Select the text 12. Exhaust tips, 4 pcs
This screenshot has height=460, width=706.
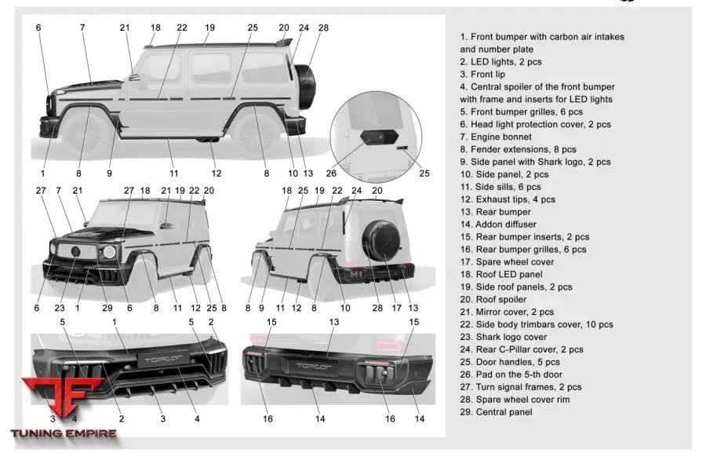tap(508, 199)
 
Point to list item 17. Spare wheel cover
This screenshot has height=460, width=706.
tap(507, 261)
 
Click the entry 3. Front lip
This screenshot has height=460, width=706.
tap(487, 74)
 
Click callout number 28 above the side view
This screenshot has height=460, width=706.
tap(323, 27)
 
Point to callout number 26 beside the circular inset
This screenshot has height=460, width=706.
tap(331, 173)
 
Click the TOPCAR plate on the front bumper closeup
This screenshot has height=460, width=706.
tap(162, 360)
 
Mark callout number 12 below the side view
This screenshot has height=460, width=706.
tap(217, 173)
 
